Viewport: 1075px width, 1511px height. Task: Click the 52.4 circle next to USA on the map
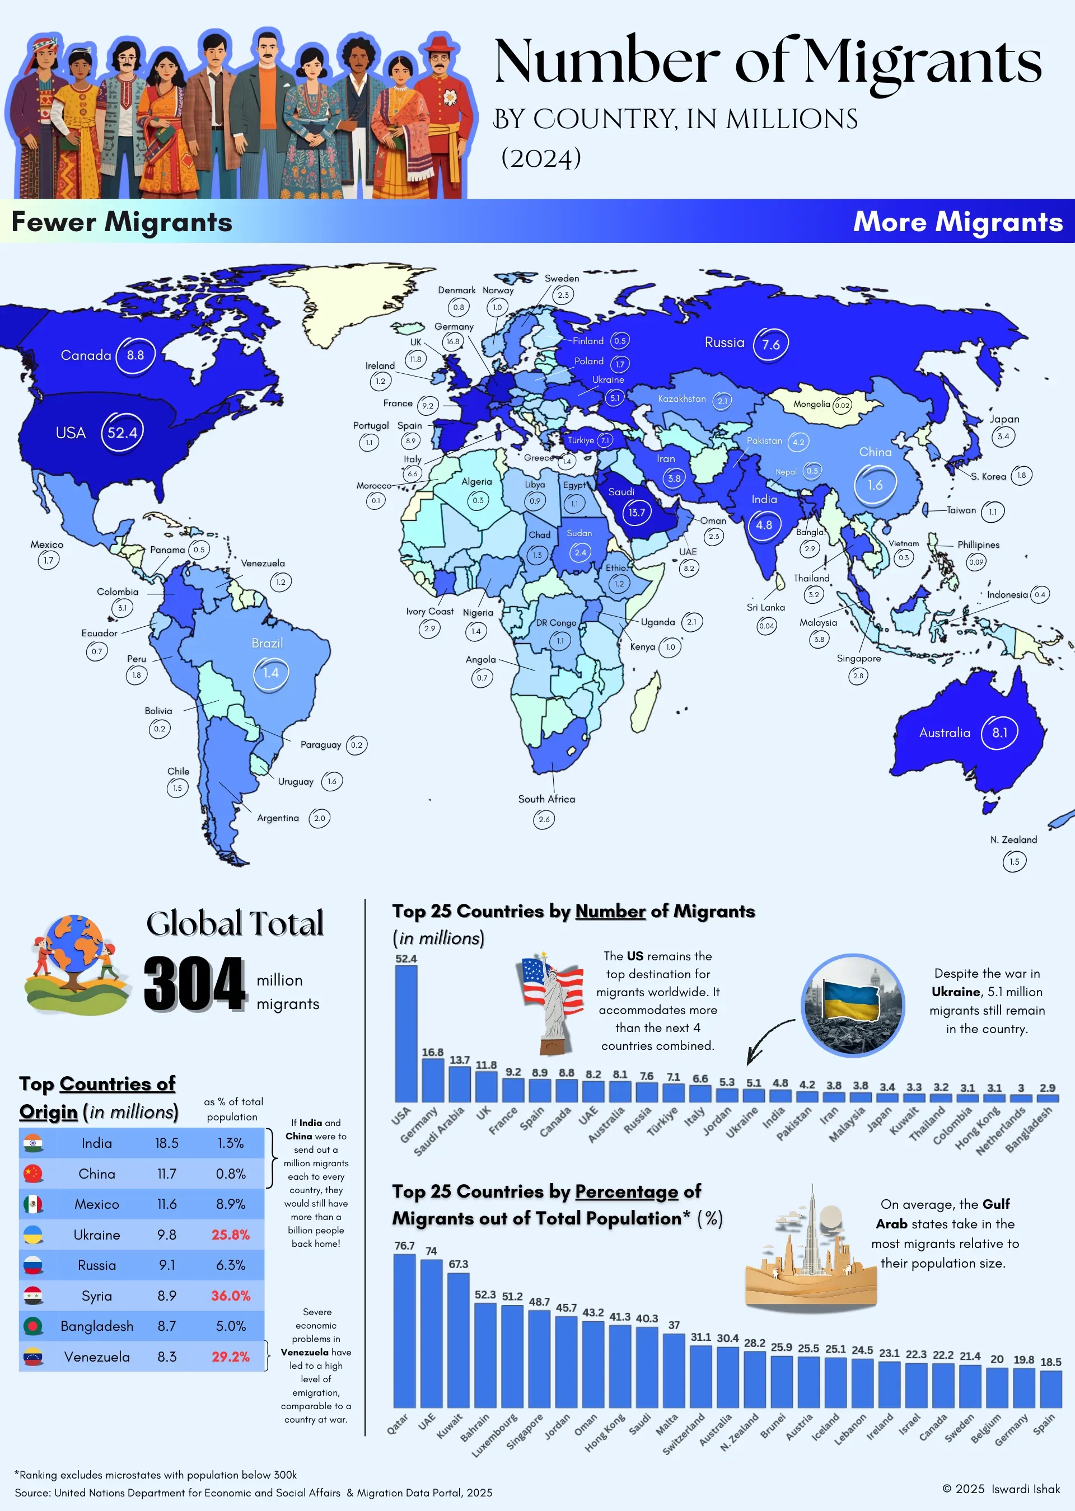pyautogui.click(x=123, y=433)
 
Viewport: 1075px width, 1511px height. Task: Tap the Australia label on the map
pyautogui.click(x=944, y=733)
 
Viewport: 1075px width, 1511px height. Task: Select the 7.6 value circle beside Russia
pyautogui.click(x=770, y=344)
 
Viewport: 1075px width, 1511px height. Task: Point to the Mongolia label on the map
pyautogui.click(x=811, y=404)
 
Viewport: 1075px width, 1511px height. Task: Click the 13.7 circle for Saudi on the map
pyautogui.click(x=636, y=512)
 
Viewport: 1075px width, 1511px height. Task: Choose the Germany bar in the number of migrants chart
pyautogui.click(x=432, y=1080)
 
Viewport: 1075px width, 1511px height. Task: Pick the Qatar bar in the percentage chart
pyautogui.click(x=404, y=1330)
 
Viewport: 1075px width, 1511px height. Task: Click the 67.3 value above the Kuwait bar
pyautogui.click(x=458, y=1264)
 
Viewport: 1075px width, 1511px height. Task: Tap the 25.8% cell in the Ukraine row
pyautogui.click(x=230, y=1235)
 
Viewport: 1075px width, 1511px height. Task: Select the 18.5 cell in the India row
pyautogui.click(x=167, y=1143)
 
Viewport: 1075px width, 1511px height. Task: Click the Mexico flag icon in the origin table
pyautogui.click(x=33, y=1204)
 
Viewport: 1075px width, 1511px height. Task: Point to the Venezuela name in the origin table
pyautogui.click(x=97, y=1357)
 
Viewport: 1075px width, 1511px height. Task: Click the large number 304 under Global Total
pyautogui.click(x=195, y=984)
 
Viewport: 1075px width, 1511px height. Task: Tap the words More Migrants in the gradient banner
pyautogui.click(x=957, y=222)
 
